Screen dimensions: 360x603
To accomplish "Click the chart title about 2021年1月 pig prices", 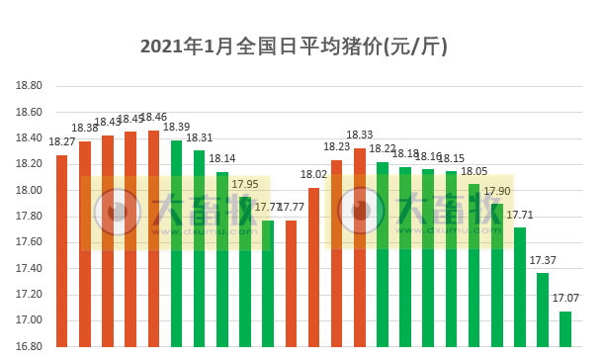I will click(301, 46).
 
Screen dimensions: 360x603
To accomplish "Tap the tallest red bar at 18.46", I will click(153, 237).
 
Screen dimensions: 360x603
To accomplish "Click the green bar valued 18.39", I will click(176, 242).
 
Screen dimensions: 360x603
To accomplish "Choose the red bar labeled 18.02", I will click(313, 267).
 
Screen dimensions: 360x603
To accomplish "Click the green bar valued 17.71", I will click(520, 287).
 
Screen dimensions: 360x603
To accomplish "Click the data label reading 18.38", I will click(84, 128).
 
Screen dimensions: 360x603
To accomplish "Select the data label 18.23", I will click(337, 146).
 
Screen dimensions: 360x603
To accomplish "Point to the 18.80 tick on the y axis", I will click(28, 86).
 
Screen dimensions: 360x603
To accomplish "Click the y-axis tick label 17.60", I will click(28, 242).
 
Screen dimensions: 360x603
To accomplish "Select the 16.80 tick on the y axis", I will click(28, 346).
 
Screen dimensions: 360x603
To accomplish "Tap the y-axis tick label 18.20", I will click(28, 164).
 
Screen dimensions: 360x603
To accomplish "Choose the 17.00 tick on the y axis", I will click(28, 320).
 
